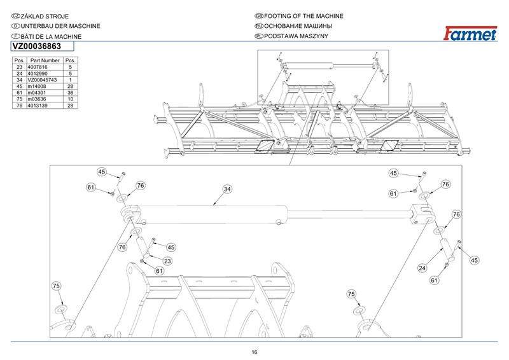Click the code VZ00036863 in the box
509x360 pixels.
click(x=36, y=46)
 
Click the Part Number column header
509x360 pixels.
click(x=45, y=60)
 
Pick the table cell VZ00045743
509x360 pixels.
click(x=41, y=80)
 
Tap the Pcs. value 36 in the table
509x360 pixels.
click(x=71, y=92)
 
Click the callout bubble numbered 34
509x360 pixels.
click(x=227, y=189)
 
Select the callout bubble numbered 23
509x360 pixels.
click(x=168, y=261)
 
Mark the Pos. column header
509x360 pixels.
click(x=19, y=60)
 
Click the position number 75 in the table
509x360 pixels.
click(x=19, y=99)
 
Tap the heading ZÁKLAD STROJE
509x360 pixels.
click(x=44, y=15)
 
